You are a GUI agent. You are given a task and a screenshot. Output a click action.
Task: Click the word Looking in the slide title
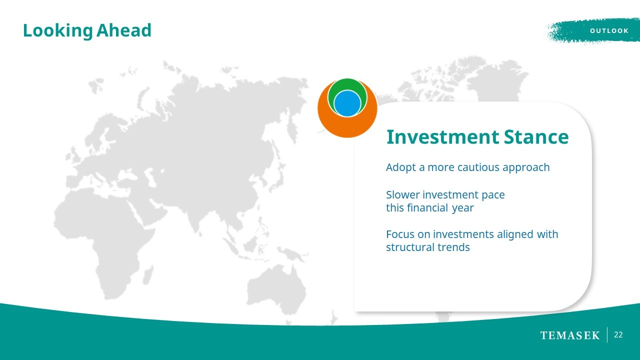click(57, 31)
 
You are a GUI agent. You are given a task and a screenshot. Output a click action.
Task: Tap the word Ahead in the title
click(123, 30)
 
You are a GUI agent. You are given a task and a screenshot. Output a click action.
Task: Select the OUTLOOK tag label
click(609, 31)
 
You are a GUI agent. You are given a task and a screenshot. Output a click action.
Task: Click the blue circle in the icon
click(347, 103)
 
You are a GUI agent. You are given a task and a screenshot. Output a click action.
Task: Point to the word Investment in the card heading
click(442, 137)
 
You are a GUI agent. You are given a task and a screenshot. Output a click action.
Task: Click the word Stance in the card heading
click(536, 137)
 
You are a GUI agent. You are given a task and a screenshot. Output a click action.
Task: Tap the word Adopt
click(401, 167)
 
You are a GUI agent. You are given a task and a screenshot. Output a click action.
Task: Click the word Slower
click(403, 194)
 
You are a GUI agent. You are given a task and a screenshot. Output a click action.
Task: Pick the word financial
click(427, 207)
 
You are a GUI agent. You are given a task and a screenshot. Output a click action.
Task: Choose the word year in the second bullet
click(462, 208)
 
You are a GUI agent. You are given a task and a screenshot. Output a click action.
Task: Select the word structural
click(410, 247)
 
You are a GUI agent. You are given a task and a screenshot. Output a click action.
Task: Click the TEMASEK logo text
click(570, 335)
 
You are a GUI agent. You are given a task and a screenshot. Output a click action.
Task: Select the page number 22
click(618, 335)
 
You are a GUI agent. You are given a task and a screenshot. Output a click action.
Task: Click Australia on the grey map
click(275, 288)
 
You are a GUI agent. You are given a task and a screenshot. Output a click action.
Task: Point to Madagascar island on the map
click(148, 275)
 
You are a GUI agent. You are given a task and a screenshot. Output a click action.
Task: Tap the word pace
click(493, 195)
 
